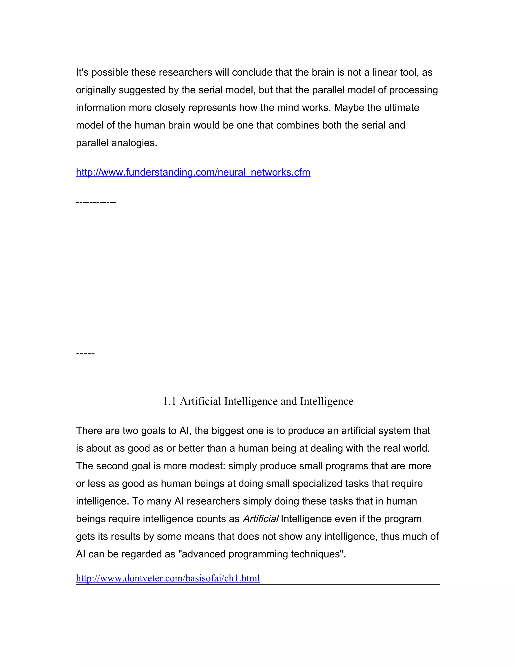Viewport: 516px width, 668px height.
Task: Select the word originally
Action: coord(96,90)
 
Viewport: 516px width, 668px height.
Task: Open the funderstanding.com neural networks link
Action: coord(193,172)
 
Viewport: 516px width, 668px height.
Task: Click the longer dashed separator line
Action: coord(96,202)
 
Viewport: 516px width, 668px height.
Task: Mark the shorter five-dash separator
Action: coord(85,354)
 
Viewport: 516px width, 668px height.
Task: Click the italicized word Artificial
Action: coord(260,519)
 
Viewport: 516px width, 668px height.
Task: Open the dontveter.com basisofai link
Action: coord(168,578)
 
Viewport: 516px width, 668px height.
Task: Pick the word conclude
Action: coord(252,73)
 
